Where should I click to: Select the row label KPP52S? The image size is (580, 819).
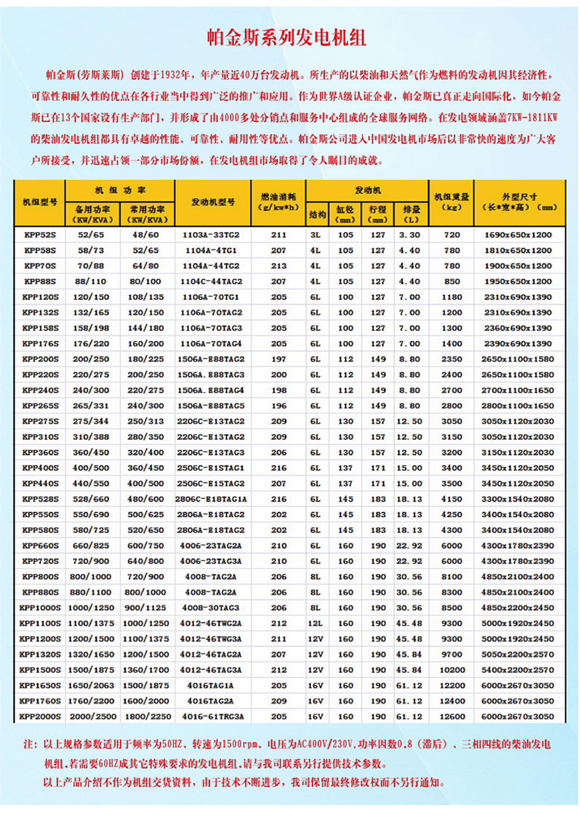point(41,235)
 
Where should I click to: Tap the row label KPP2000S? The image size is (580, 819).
point(41,717)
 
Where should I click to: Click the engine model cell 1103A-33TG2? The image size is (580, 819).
point(211,235)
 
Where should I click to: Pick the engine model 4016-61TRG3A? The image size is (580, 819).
point(213,717)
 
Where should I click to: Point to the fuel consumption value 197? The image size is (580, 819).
point(279,359)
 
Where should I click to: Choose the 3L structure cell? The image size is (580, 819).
point(316,235)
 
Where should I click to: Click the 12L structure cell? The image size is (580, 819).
point(316,623)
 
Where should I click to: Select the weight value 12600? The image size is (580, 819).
point(452,717)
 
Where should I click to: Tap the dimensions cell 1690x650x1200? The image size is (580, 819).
point(518,235)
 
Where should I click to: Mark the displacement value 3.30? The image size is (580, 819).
point(410,235)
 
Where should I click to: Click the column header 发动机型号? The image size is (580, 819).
point(213,202)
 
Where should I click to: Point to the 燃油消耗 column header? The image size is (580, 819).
point(279,201)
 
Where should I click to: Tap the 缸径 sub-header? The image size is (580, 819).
point(346,214)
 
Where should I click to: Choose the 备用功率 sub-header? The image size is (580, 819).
point(93,214)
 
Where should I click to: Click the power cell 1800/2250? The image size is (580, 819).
point(148,717)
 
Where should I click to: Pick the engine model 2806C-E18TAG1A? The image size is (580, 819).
point(211,499)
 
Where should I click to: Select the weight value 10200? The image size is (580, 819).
point(452,670)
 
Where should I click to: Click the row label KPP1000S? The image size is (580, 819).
point(41,608)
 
